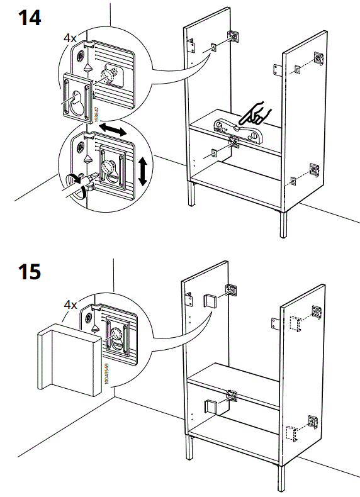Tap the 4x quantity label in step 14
coord(70,38)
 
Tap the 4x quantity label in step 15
coord(70,304)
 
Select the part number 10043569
coord(107,373)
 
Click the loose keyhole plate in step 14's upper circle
coord(77,95)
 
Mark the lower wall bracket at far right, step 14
coord(314,169)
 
